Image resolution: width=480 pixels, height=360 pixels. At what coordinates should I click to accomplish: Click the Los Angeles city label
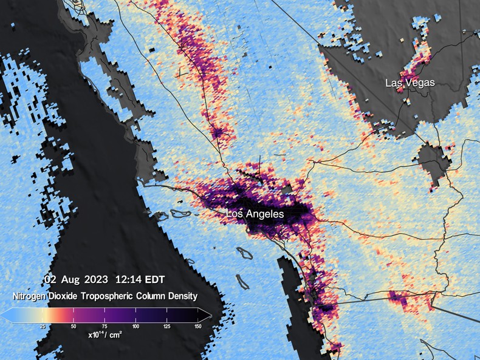click(x=255, y=214)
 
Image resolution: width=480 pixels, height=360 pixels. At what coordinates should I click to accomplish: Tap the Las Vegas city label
click(x=410, y=83)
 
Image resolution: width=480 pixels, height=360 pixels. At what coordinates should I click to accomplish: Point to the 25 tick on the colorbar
click(x=43, y=327)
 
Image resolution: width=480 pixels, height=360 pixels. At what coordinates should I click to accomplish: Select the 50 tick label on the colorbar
click(x=74, y=327)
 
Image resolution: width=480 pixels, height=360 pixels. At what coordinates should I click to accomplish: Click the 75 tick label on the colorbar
click(x=105, y=327)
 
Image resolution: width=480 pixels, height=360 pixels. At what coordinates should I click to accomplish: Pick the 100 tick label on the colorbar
click(x=135, y=327)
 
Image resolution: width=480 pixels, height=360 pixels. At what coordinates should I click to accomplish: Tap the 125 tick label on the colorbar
click(x=166, y=327)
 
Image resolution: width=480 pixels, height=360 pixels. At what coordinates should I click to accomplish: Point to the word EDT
click(x=153, y=280)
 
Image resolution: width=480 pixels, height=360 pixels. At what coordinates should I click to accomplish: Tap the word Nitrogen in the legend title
click(x=30, y=296)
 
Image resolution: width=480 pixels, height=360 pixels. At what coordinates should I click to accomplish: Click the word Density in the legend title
click(x=180, y=296)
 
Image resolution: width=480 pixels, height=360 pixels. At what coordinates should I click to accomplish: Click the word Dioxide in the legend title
click(x=65, y=296)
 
